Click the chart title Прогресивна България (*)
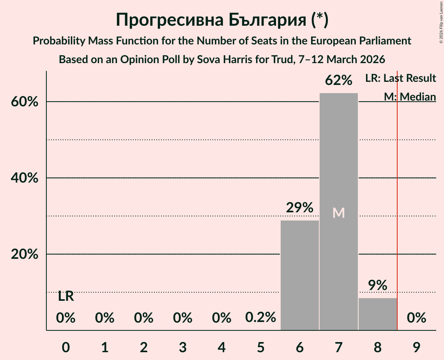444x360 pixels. tap(222, 19)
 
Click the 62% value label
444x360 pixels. tap(338, 81)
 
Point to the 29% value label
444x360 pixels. tap(299, 208)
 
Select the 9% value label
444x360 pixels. tap(377, 286)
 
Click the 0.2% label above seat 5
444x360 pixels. tap(260, 318)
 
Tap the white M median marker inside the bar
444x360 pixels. tap(338, 213)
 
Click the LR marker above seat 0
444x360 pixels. tap(66, 296)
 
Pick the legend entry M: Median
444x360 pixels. tap(410, 97)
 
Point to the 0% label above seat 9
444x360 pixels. tap(416, 318)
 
